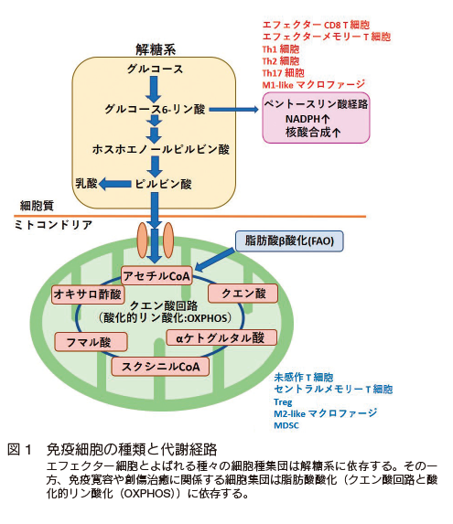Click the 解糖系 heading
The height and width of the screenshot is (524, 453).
pyautogui.click(x=156, y=49)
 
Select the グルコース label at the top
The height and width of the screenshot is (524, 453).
pyautogui.click(x=155, y=70)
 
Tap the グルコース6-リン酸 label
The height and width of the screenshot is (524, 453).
pyautogui.click(x=155, y=109)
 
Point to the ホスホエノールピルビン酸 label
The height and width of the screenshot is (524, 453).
pyautogui.click(x=161, y=149)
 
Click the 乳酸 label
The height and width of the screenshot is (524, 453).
pyautogui.click(x=86, y=184)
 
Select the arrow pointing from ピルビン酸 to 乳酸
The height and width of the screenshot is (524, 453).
pyautogui.click(x=115, y=184)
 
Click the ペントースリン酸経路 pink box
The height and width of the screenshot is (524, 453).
pyautogui.click(x=316, y=118)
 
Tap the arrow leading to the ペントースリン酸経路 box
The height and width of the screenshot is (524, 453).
pyautogui.click(x=233, y=109)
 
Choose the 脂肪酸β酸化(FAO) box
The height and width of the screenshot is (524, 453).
pyautogui.click(x=289, y=241)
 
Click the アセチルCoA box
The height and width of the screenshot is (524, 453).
pyautogui.click(x=156, y=276)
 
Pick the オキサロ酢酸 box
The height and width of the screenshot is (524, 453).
pyautogui.click(x=88, y=294)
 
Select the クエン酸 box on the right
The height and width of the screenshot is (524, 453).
pyautogui.click(x=243, y=294)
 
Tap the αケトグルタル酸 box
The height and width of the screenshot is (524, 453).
pyautogui.click(x=221, y=337)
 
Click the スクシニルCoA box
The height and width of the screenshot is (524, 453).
pyautogui.click(x=160, y=367)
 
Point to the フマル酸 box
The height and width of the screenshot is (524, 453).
pyautogui.click(x=91, y=342)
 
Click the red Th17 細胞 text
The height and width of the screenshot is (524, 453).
pyautogui.click(x=283, y=73)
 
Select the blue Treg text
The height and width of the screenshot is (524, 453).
pyautogui.click(x=283, y=402)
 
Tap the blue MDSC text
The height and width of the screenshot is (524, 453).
pyautogui.click(x=286, y=425)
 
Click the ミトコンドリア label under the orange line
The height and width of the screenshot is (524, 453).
pyautogui.click(x=53, y=225)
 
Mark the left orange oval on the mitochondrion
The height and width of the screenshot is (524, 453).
pyautogui.click(x=143, y=240)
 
